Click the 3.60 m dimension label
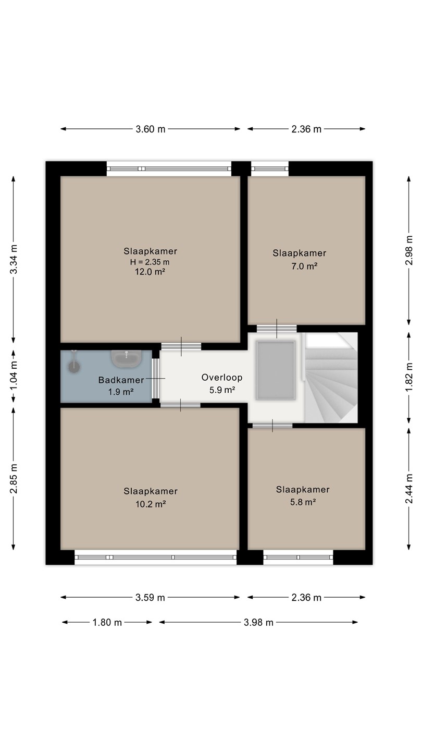tap(151, 129)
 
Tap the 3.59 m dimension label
tap(150, 598)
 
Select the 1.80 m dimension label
tap(107, 623)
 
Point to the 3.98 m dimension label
tap(258, 623)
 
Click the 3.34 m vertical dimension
tap(14, 260)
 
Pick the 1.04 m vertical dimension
tap(14, 376)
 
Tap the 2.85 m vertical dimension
tap(14, 479)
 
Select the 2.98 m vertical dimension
tap(409, 250)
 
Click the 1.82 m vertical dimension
tap(409, 378)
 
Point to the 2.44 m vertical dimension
tap(409, 489)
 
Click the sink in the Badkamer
tap(127, 358)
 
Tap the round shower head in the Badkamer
tap(74, 367)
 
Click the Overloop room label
tap(222, 378)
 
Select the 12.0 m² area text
tap(150, 272)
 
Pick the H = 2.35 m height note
tap(150, 262)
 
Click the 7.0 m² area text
tap(304, 266)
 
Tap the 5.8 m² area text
tap(303, 502)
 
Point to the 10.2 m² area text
tap(151, 504)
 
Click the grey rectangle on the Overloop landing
tap(276, 370)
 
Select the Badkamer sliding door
tap(156, 379)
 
